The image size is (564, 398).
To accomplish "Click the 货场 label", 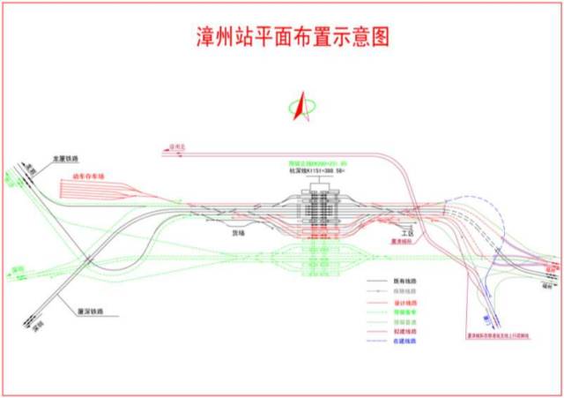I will tap(236, 234).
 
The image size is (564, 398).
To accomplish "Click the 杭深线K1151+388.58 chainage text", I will tap(316, 171).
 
